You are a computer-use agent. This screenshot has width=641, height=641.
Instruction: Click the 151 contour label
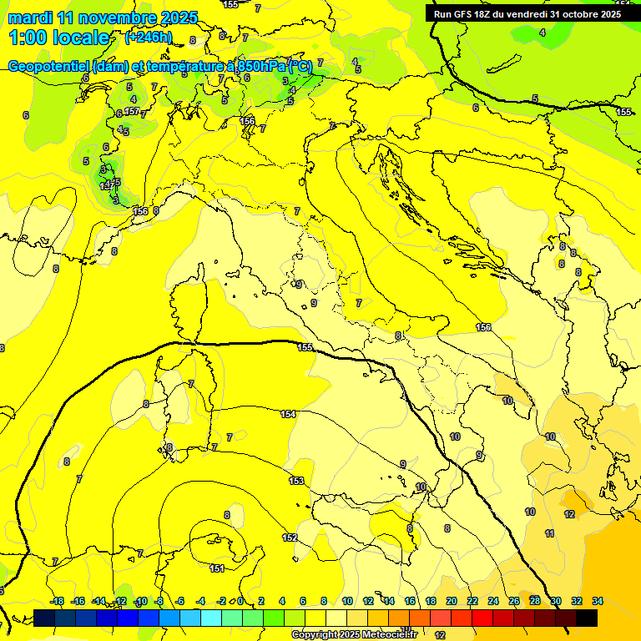(x=217, y=568)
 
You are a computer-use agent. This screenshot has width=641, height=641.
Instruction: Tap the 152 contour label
(x=290, y=538)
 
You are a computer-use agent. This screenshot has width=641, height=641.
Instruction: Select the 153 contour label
(x=296, y=481)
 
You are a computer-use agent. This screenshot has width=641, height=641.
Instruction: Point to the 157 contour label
(x=131, y=111)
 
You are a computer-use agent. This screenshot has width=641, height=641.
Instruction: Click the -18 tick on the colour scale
(x=57, y=601)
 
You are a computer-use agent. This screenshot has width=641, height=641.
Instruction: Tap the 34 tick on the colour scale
(x=598, y=601)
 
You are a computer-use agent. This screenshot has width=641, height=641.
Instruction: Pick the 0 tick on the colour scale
(x=240, y=601)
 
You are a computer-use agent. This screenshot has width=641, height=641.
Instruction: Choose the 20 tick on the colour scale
(x=452, y=601)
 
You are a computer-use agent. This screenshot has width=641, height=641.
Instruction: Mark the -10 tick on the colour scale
(x=141, y=601)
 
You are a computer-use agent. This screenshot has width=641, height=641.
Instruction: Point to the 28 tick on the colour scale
(x=535, y=601)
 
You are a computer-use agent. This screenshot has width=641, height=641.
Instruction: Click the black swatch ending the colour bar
(x=587, y=618)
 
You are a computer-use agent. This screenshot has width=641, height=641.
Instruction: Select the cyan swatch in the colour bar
(x=212, y=618)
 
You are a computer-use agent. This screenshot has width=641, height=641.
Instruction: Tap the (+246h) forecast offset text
(x=149, y=37)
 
